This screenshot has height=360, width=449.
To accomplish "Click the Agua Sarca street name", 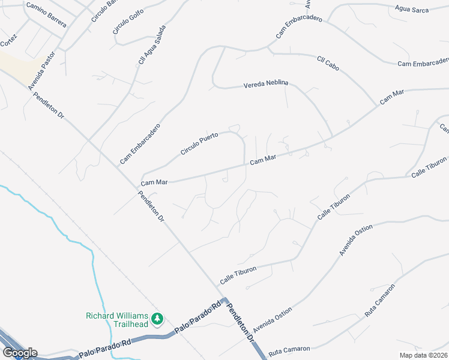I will coord(412,9).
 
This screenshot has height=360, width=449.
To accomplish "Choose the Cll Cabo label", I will coord(328,63).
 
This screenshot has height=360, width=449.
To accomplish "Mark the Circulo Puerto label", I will coord(199,144).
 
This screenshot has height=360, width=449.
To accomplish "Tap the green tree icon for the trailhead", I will coord(157,318).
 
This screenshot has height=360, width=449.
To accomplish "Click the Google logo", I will coord(19,353).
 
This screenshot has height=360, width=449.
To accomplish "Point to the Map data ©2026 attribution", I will coord(423,355).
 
